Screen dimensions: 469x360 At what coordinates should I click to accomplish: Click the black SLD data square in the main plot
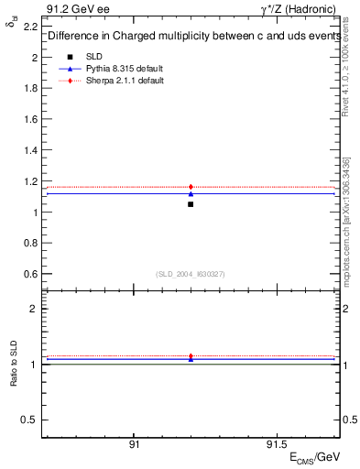pos(191,203)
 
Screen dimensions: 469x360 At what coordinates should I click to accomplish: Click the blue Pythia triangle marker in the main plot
pos(191,193)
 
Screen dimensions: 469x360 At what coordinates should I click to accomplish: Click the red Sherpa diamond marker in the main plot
pos(191,187)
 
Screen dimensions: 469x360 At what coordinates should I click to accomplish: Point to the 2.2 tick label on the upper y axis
pos(31,26)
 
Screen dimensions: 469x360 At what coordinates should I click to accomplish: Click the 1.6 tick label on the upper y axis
pos(31,119)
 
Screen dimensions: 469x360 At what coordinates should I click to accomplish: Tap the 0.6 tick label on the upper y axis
pos(31,274)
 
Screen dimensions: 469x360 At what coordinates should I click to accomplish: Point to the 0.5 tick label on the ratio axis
pos(31,420)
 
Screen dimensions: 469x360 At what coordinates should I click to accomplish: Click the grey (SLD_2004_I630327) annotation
pos(191,273)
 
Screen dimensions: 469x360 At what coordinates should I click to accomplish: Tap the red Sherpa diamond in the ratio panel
pos(191,356)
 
